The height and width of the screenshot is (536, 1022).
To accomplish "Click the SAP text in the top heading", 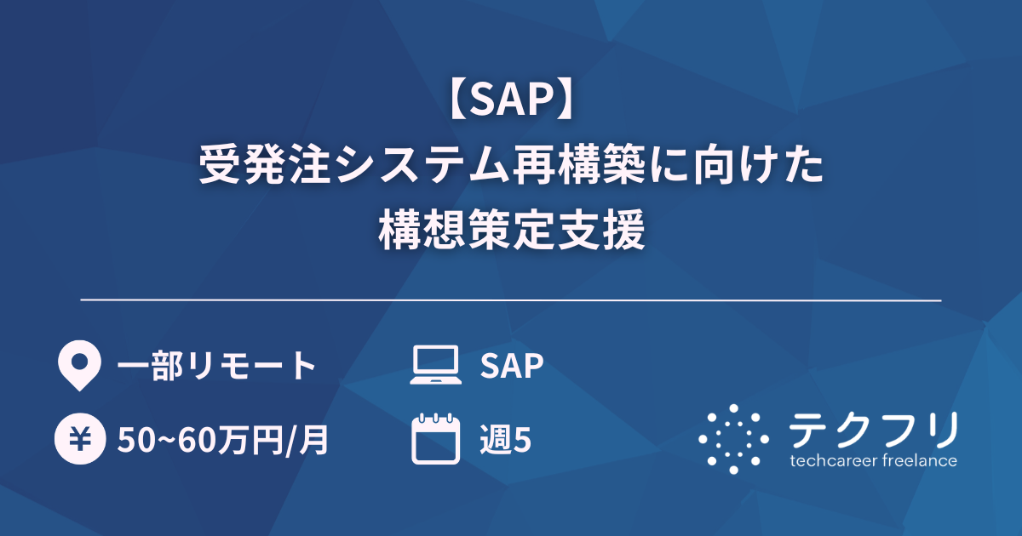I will (x=510, y=102).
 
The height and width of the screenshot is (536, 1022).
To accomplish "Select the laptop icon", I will (x=436, y=366).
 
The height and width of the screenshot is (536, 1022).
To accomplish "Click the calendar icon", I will (x=436, y=438).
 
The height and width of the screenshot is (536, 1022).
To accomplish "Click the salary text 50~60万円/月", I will (x=223, y=440).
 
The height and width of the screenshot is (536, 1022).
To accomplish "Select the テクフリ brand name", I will (x=874, y=430).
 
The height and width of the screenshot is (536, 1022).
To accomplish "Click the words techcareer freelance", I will (x=873, y=461).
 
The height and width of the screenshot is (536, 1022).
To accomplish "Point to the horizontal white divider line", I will (x=511, y=300).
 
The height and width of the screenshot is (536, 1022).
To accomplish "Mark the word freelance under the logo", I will (x=920, y=461).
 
